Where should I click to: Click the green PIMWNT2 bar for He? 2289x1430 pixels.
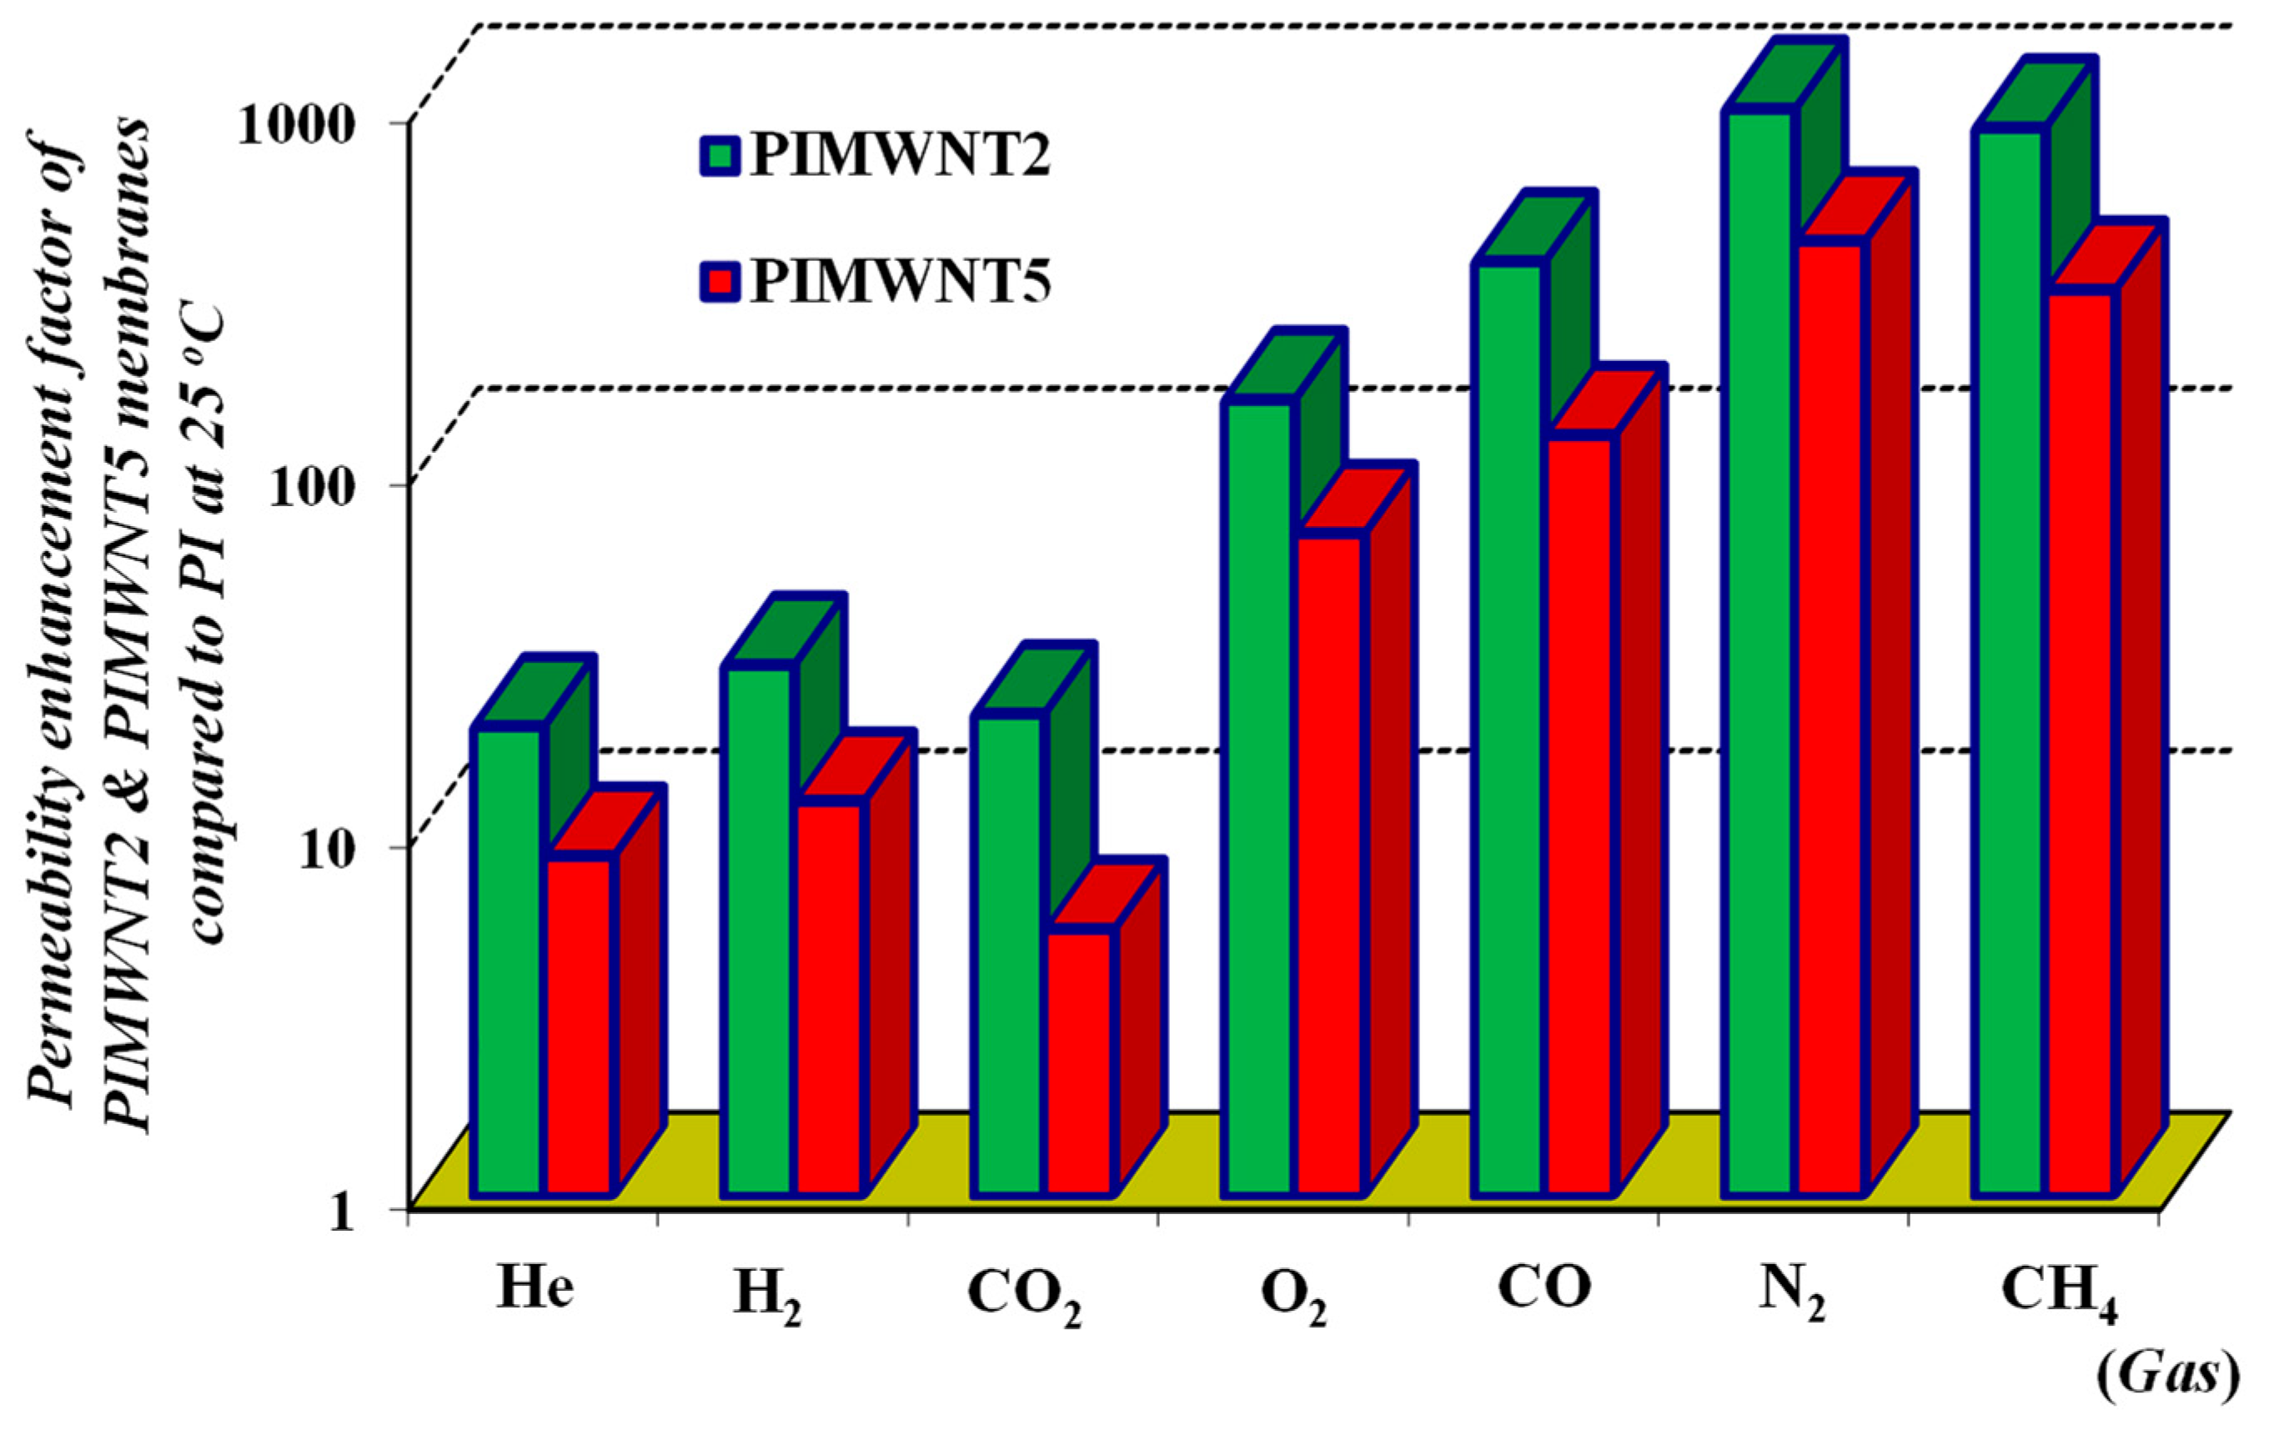[x=509, y=960]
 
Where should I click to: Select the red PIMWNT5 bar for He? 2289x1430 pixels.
[x=582, y=1026]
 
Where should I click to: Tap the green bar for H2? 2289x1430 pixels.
[x=756, y=931]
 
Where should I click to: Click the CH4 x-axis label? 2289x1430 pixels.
[x=2059, y=1296]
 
